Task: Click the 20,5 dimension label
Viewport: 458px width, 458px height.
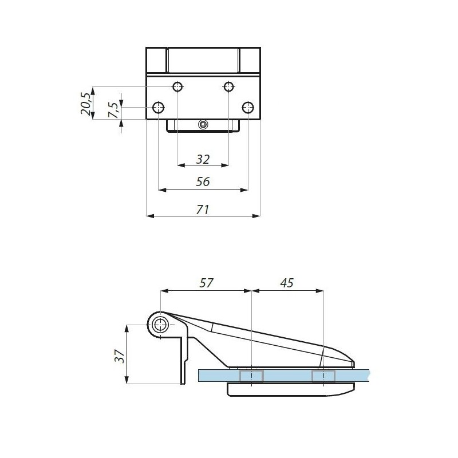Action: pos(85,104)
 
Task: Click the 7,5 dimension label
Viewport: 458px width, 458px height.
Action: pos(113,110)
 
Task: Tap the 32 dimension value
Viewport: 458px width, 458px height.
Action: pos(203,160)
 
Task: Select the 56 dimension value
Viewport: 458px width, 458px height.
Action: pos(203,181)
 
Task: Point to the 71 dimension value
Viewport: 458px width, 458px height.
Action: pos(203,210)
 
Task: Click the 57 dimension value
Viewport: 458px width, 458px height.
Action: pos(207,283)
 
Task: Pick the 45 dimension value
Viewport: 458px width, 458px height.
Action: pos(287,283)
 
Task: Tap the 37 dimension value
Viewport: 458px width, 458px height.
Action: pos(120,356)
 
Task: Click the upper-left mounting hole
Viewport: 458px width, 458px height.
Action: pos(177,86)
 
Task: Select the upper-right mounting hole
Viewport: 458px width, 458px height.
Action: pos(228,86)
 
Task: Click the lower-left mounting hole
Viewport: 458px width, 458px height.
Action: pos(159,108)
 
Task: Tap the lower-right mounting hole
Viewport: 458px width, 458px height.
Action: pos(248,108)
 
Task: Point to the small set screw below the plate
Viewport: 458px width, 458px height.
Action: pos(203,125)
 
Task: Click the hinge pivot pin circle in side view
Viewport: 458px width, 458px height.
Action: pos(160,325)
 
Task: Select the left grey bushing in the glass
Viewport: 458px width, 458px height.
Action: pos(251,376)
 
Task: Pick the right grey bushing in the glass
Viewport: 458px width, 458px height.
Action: pos(323,376)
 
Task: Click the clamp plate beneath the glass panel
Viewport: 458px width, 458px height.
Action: pos(291,390)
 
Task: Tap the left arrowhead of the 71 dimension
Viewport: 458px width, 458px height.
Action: pos(150,216)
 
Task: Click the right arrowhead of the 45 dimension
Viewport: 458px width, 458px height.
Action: pos(320,291)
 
